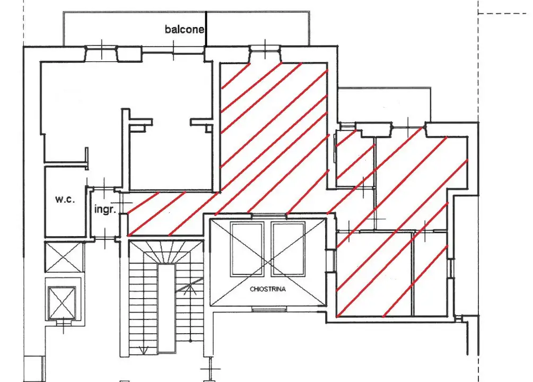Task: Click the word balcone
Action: (184, 29)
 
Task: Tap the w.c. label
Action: (65, 199)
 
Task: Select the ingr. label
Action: (105, 209)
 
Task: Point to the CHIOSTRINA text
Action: (267, 289)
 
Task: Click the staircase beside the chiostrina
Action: (166, 298)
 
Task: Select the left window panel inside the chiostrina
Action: (247, 249)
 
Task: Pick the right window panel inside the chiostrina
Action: (288, 249)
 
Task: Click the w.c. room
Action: (65, 202)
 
